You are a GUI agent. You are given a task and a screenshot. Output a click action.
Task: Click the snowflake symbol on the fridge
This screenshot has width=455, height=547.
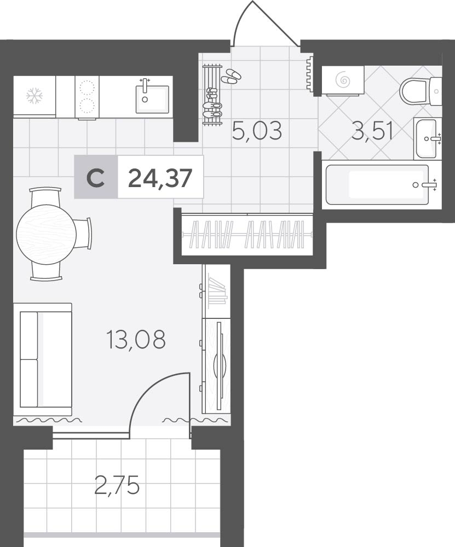[34, 96]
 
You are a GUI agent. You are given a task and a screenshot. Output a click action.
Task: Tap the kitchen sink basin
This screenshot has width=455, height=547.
[152, 99]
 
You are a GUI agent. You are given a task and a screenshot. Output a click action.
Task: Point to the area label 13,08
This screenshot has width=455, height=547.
[136, 340]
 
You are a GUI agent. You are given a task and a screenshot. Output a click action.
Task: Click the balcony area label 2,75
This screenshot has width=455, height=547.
[117, 485]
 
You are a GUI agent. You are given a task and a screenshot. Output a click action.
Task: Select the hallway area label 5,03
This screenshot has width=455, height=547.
[257, 131]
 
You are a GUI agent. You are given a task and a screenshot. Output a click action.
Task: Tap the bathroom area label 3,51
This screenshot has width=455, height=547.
[372, 131]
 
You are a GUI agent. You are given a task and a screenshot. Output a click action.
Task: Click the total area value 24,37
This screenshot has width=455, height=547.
[160, 177]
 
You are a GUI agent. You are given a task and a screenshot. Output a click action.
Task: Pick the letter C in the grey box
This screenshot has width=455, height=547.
[96, 178]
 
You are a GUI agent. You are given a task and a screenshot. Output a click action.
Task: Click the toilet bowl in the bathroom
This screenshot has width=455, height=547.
[414, 91]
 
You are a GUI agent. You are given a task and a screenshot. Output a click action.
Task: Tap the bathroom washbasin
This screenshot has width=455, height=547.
[425, 139]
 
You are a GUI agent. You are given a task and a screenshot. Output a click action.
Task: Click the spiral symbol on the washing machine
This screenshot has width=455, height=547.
[343, 80]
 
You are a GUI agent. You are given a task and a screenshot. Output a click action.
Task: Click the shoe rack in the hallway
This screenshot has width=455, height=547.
[212, 94]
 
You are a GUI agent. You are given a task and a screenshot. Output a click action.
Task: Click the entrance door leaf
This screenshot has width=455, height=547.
[275, 24]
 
